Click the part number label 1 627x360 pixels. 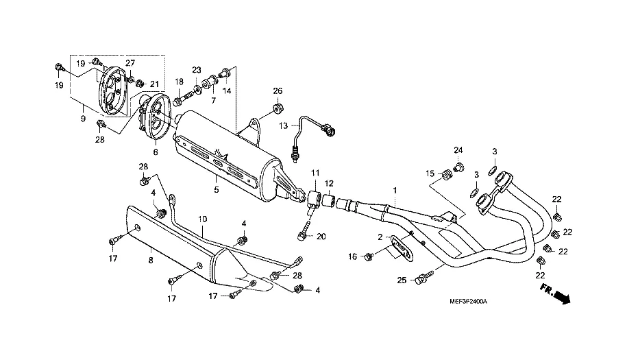click(395, 189)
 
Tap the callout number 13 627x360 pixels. click(284, 125)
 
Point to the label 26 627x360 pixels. click(278, 91)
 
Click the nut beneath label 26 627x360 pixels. click(278, 108)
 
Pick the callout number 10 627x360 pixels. click(203, 219)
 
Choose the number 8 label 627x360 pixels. click(151, 260)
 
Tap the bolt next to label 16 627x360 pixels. click(369, 256)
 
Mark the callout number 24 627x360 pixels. click(458, 149)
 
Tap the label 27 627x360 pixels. click(130, 63)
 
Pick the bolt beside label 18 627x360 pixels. click(177, 101)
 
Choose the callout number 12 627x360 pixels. click(330, 183)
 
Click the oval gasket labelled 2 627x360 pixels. click(401, 248)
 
